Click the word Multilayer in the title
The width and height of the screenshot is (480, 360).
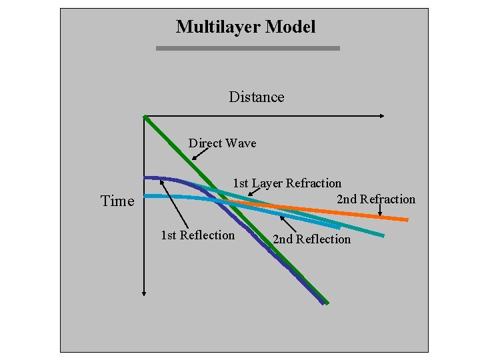coord(218,27)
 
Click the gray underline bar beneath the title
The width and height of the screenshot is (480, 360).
coord(247,48)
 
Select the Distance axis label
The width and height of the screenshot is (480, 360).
coord(256,97)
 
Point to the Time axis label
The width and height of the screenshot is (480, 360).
coord(117,201)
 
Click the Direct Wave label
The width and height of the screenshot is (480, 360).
coord(222,143)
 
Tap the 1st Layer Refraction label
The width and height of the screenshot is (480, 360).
coord(287,183)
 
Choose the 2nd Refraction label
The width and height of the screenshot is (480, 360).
coord(376,199)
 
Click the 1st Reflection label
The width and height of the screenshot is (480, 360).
coord(198,235)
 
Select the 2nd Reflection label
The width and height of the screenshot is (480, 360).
coord(311,239)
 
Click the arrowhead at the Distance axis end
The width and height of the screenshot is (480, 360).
coord(381,116)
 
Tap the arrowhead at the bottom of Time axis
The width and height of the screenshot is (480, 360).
coord(144,291)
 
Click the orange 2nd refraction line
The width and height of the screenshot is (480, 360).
coord(373,215)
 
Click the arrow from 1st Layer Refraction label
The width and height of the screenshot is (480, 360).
coord(255,191)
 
